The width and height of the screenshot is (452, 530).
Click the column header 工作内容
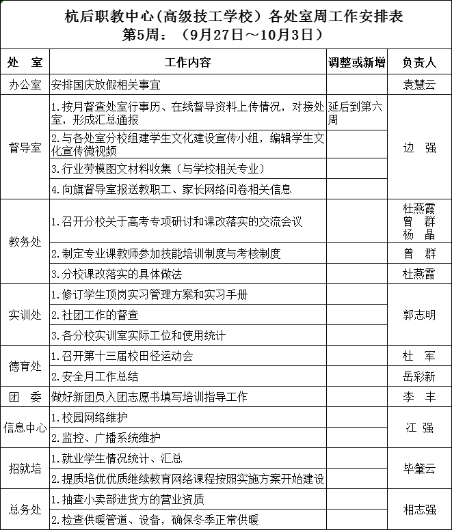pos(188,62)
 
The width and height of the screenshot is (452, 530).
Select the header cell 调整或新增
pos(356,62)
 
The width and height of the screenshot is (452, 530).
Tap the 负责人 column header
pos(419,62)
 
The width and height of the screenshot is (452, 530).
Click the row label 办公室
pos(25,85)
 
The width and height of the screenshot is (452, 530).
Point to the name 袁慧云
pos(419,85)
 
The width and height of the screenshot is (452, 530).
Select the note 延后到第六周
pos(356,113)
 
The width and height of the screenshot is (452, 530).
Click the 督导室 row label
pos(25,147)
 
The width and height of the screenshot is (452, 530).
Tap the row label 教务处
pos(25,242)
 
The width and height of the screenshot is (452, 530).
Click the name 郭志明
pos(419,316)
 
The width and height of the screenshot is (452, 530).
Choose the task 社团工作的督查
pos(95,315)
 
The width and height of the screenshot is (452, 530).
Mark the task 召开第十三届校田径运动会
pos(122,356)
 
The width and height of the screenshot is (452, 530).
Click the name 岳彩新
pos(419,376)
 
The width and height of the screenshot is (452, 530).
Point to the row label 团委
pos(25,396)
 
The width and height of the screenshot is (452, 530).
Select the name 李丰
pos(419,396)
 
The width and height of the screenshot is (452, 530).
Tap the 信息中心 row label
pos(25,428)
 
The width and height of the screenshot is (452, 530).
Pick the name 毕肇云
pos(419,469)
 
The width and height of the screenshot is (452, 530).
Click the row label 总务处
pos(25,510)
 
